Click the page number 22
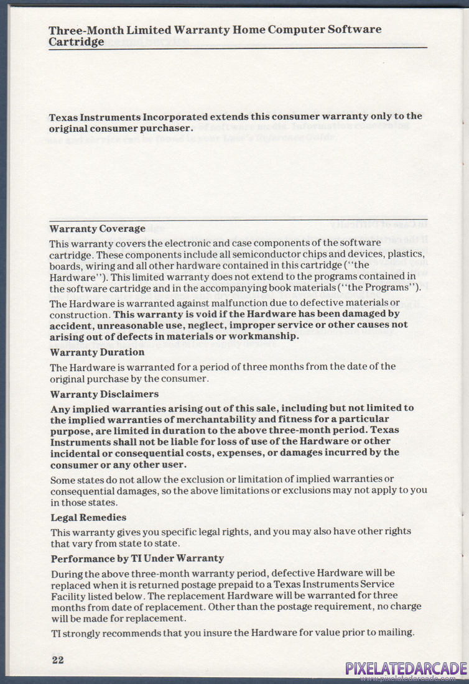tap(57, 660)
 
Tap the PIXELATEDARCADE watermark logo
tap(406, 669)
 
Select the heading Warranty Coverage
tap(97, 229)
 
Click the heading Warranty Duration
tap(96, 353)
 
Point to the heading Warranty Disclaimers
tap(104, 394)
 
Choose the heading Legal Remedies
tap(88, 517)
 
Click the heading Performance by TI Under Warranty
tap(137, 558)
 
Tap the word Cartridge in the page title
tap(77, 42)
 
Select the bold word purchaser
tap(164, 128)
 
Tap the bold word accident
tap(70, 325)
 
